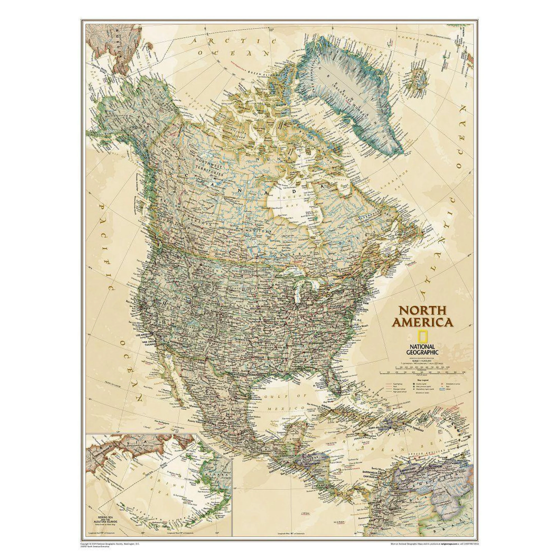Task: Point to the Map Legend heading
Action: click(423, 379)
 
